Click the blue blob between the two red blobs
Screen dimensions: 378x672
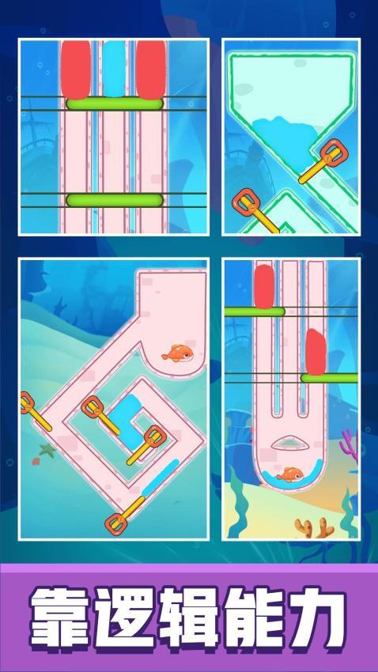click(114, 69)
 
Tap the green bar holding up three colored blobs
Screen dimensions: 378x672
click(115, 104)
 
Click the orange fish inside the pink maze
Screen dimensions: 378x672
click(177, 353)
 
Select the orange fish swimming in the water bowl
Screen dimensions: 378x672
click(290, 474)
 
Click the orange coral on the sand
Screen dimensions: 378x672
click(314, 527)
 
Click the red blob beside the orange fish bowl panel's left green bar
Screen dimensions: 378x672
click(264, 286)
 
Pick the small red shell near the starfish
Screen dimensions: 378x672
click(36, 462)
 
